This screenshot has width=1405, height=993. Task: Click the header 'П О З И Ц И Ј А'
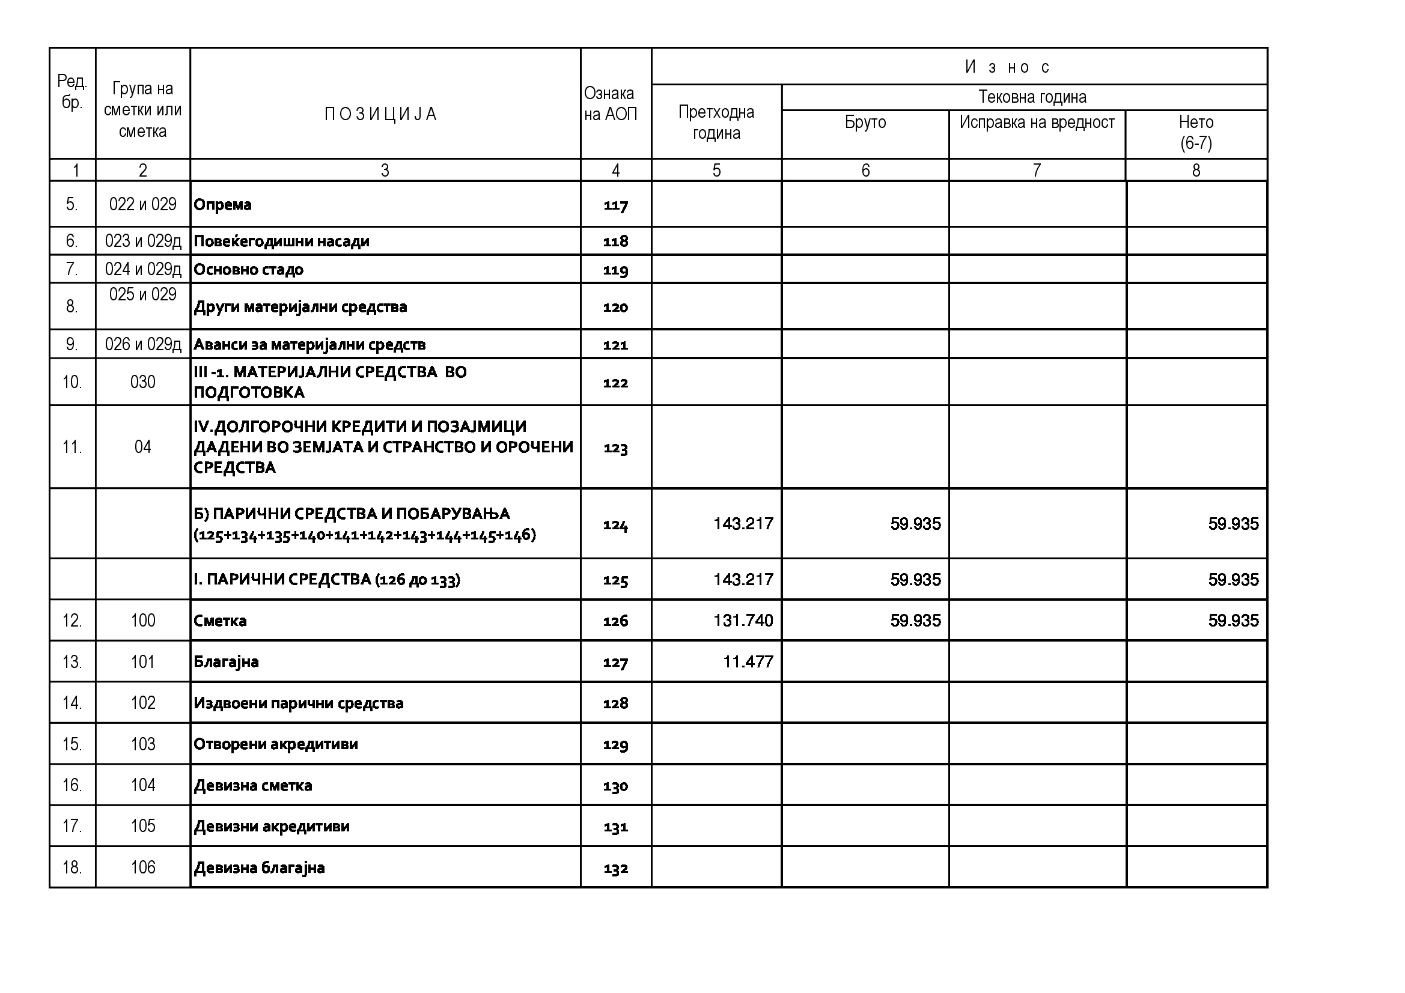click(380, 114)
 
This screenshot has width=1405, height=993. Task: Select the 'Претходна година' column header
click(716, 123)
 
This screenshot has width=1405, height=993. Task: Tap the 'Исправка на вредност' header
click(1037, 123)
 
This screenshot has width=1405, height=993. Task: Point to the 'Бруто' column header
click(865, 123)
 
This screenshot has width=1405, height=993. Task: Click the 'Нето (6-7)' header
click(1196, 132)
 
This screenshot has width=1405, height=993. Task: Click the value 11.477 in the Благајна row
click(748, 661)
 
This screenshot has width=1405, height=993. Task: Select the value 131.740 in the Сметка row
click(743, 621)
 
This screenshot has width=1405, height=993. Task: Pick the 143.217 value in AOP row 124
click(743, 524)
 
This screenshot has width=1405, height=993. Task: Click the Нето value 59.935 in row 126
click(1233, 621)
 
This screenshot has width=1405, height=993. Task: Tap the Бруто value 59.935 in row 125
click(915, 580)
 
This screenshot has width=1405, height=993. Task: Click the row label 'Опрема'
click(222, 204)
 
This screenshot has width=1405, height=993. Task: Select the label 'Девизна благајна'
click(259, 867)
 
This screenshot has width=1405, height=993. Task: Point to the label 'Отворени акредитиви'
click(275, 744)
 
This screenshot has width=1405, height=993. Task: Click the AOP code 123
click(615, 448)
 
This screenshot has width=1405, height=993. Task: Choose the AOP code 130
click(615, 786)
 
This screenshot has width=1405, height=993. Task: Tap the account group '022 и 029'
click(142, 204)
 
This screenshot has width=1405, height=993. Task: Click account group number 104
click(142, 785)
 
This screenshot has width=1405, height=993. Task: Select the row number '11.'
click(72, 448)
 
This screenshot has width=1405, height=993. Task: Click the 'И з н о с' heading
click(1007, 67)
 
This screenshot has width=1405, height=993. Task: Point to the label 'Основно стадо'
click(248, 270)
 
